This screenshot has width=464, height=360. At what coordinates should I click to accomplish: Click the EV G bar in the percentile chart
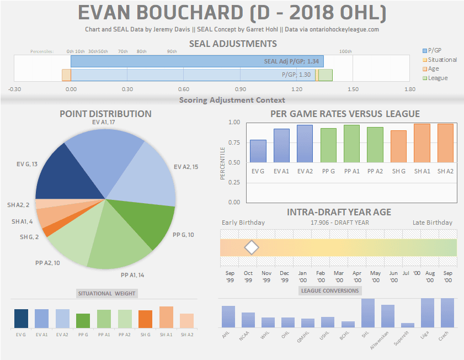point(258,151)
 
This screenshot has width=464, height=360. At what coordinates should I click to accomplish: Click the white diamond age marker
point(252,247)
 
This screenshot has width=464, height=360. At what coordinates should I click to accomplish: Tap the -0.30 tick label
point(14,89)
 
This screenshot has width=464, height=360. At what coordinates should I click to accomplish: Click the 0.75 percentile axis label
point(234,142)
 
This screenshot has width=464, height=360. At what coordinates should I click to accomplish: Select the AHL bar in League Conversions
point(228,316)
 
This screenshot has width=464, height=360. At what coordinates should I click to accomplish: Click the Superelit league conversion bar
point(408,325)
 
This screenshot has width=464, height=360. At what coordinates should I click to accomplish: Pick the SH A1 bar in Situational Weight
point(166,317)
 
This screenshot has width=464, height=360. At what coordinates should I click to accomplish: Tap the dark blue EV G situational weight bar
point(22,319)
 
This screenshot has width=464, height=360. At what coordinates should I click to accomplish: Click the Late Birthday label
point(432,223)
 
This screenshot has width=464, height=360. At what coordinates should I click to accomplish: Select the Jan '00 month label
point(302,276)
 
